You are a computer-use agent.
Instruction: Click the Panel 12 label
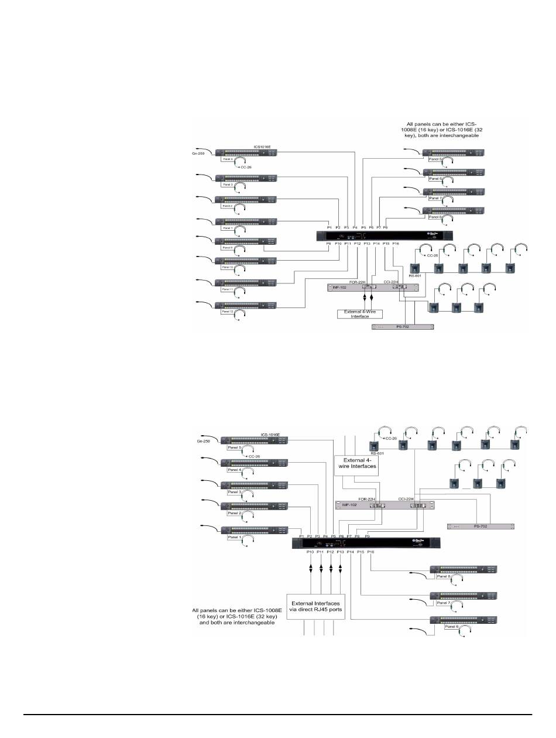[x=227, y=312]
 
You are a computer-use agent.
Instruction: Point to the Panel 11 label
[x=227, y=289]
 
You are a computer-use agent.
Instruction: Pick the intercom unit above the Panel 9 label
[x=245, y=241]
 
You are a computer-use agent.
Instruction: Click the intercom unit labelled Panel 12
[x=245, y=305]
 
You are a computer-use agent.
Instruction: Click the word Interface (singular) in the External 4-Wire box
[x=360, y=316]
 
